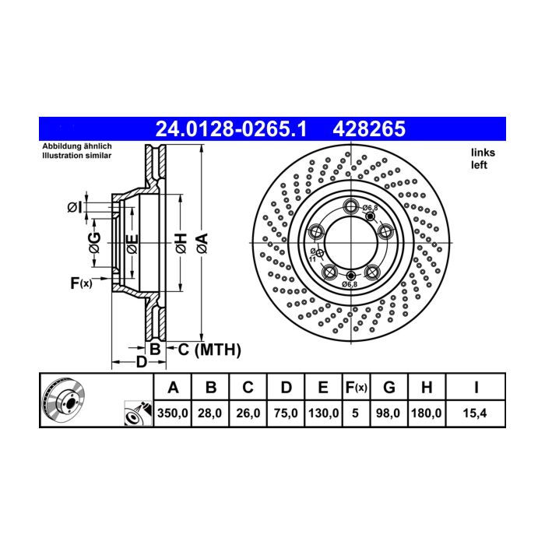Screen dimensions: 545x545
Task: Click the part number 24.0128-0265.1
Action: [x=231, y=129]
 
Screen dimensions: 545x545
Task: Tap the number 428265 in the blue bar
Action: [x=369, y=129]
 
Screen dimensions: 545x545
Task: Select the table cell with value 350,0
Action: [x=172, y=413]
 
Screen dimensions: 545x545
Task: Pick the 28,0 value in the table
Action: [x=210, y=413]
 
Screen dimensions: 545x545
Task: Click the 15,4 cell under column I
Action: [x=475, y=413]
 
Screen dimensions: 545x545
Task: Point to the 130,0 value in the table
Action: [x=323, y=413]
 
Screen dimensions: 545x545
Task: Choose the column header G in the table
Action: [x=389, y=387]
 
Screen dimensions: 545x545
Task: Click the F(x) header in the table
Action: [x=357, y=387]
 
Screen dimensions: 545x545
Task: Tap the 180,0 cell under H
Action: [x=427, y=413]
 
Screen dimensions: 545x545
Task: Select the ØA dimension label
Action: [x=202, y=243]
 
